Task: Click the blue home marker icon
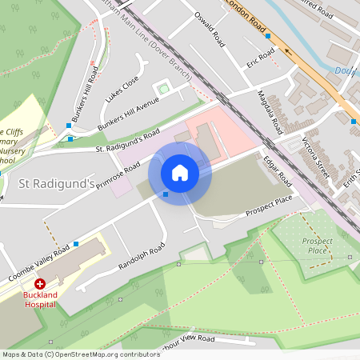pyautogui.click(x=180, y=173)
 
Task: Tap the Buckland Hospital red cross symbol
pyautogui.click(x=39, y=284)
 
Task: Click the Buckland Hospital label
pyautogui.click(x=39, y=298)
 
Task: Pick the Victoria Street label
pyautogui.click(x=315, y=156)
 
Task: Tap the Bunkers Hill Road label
pyautogui.click(x=85, y=94)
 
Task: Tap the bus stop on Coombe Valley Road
pyautogui.click(x=76, y=243)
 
